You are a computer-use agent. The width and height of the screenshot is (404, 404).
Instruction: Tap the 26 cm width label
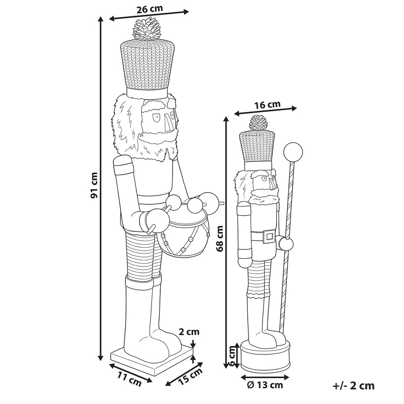(150, 9)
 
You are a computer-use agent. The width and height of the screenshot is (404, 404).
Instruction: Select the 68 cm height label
(220, 238)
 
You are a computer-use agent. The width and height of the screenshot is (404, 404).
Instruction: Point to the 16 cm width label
(267, 105)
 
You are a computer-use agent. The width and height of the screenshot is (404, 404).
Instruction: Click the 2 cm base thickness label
(189, 332)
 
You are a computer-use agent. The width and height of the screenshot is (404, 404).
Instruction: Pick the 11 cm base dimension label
(130, 379)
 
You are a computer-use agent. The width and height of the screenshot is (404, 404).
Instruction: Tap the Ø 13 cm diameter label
(265, 385)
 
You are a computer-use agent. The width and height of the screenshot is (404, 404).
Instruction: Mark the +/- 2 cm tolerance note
(353, 386)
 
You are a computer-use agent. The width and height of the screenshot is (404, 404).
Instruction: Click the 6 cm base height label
(232, 356)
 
